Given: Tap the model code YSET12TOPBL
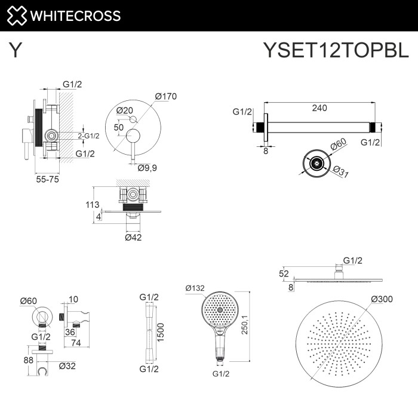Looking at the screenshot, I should coord(336,51).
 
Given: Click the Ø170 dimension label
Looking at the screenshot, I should coord(166,96).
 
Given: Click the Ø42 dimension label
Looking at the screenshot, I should coord(133,237).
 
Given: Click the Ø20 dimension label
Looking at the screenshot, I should coord(125,110).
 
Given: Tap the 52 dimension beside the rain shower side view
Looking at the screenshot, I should coord(284,273).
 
